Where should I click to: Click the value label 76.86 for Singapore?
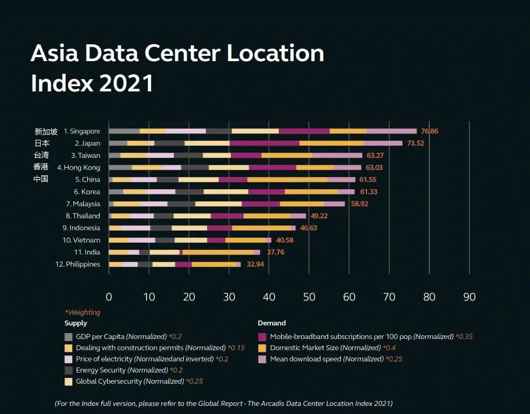coord(429,132)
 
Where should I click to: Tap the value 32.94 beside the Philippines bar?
coord(255,264)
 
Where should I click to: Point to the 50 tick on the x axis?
coord(309,297)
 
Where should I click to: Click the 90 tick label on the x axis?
coord(469,297)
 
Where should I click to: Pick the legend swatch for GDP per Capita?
coord(69,337)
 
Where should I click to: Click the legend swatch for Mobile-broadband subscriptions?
coord(262,337)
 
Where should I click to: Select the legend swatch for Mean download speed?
coord(262,359)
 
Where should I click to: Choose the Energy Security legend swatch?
coord(69,370)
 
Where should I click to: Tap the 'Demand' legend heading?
coord(272,323)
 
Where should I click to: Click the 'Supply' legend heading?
coord(76,323)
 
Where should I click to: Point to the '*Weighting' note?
coord(82,313)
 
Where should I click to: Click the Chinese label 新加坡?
coord(46,132)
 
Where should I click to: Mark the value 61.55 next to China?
coord(368,180)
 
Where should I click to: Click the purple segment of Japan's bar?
coord(264,143)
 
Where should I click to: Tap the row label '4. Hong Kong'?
coord(78,168)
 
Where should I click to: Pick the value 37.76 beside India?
coord(275,252)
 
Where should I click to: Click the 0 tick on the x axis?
coord(109,297)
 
